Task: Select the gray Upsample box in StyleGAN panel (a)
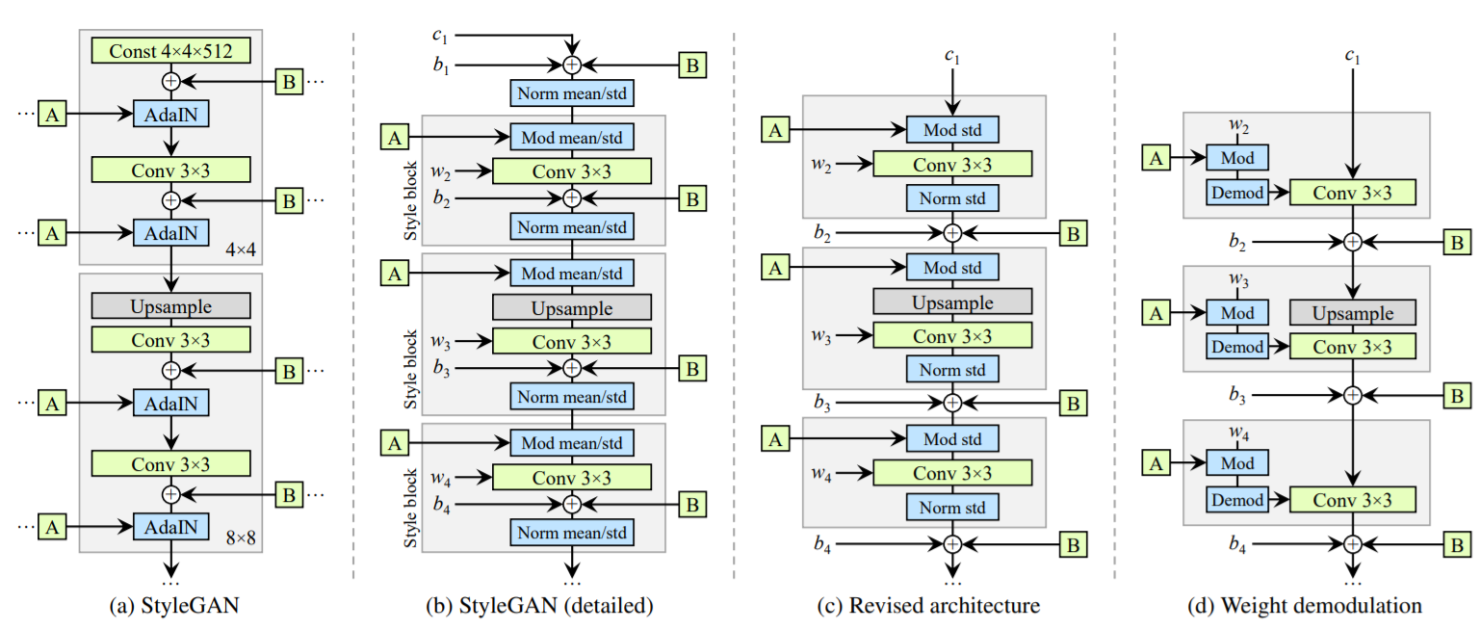pyautogui.click(x=170, y=305)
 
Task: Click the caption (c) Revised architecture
pyautogui.click(x=952, y=607)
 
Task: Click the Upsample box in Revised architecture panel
pyautogui.click(x=952, y=301)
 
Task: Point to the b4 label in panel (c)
pyautogui.click(x=821, y=544)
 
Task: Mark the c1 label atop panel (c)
pyautogui.click(x=952, y=57)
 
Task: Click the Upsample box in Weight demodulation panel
pyautogui.click(x=1352, y=313)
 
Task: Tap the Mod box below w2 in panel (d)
pyautogui.click(x=1237, y=156)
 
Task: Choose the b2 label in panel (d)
pyautogui.click(x=1237, y=242)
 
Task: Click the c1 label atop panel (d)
pyautogui.click(x=1352, y=57)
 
